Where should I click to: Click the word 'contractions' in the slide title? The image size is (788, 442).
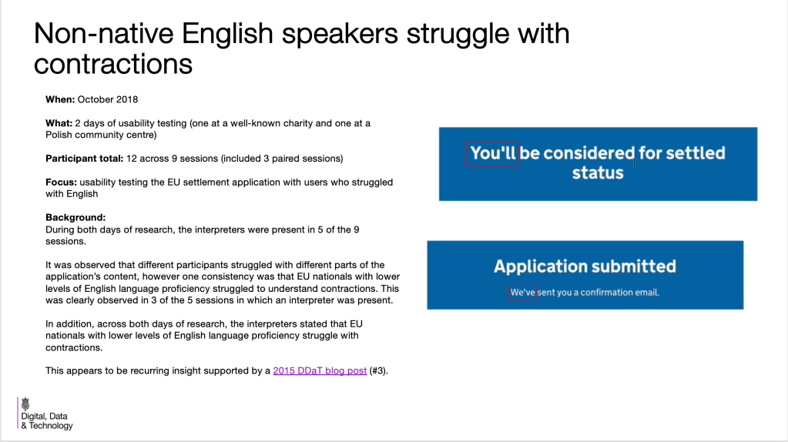point(112,64)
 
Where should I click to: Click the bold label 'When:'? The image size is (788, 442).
point(60,99)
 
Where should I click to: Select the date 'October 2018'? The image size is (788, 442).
point(107,99)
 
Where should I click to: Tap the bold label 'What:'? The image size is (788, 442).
point(59,123)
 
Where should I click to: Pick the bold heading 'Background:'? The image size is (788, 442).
point(75,218)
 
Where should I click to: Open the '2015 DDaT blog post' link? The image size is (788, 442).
point(320,370)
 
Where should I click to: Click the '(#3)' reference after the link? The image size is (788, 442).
point(378,370)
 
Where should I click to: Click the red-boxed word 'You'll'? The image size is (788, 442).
point(493,153)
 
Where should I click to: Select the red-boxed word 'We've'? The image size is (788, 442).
point(523,293)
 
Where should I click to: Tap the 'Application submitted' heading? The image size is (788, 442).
point(585,266)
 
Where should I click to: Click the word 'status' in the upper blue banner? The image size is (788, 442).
point(598,172)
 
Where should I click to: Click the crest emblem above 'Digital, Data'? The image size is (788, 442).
point(25,403)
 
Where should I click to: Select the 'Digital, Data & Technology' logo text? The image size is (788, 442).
point(46,420)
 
